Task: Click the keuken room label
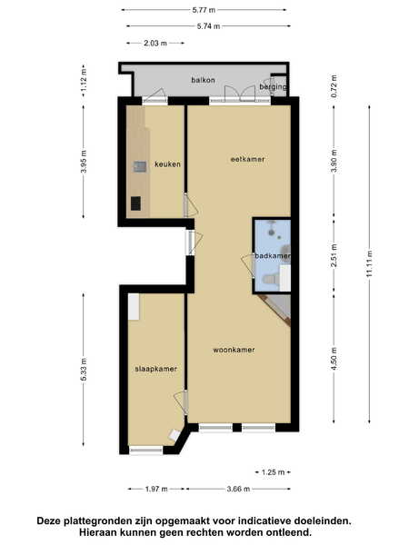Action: (167, 164)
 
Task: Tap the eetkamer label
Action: (247, 159)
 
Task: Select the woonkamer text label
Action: (234, 350)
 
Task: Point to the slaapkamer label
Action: (156, 369)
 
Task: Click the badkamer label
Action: (273, 256)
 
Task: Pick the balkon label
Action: (203, 80)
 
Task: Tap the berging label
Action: (273, 87)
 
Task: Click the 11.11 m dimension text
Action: (369, 263)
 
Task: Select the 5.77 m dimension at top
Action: (204, 10)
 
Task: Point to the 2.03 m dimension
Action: (155, 43)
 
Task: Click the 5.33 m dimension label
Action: (84, 369)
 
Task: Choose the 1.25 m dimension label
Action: (273, 472)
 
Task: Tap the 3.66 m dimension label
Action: (238, 489)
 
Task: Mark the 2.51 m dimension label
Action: (334, 255)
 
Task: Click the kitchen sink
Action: (139, 167)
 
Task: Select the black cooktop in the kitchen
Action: (135, 203)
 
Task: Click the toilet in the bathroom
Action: (271, 279)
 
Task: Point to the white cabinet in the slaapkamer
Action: (134, 307)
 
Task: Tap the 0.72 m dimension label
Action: (334, 86)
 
